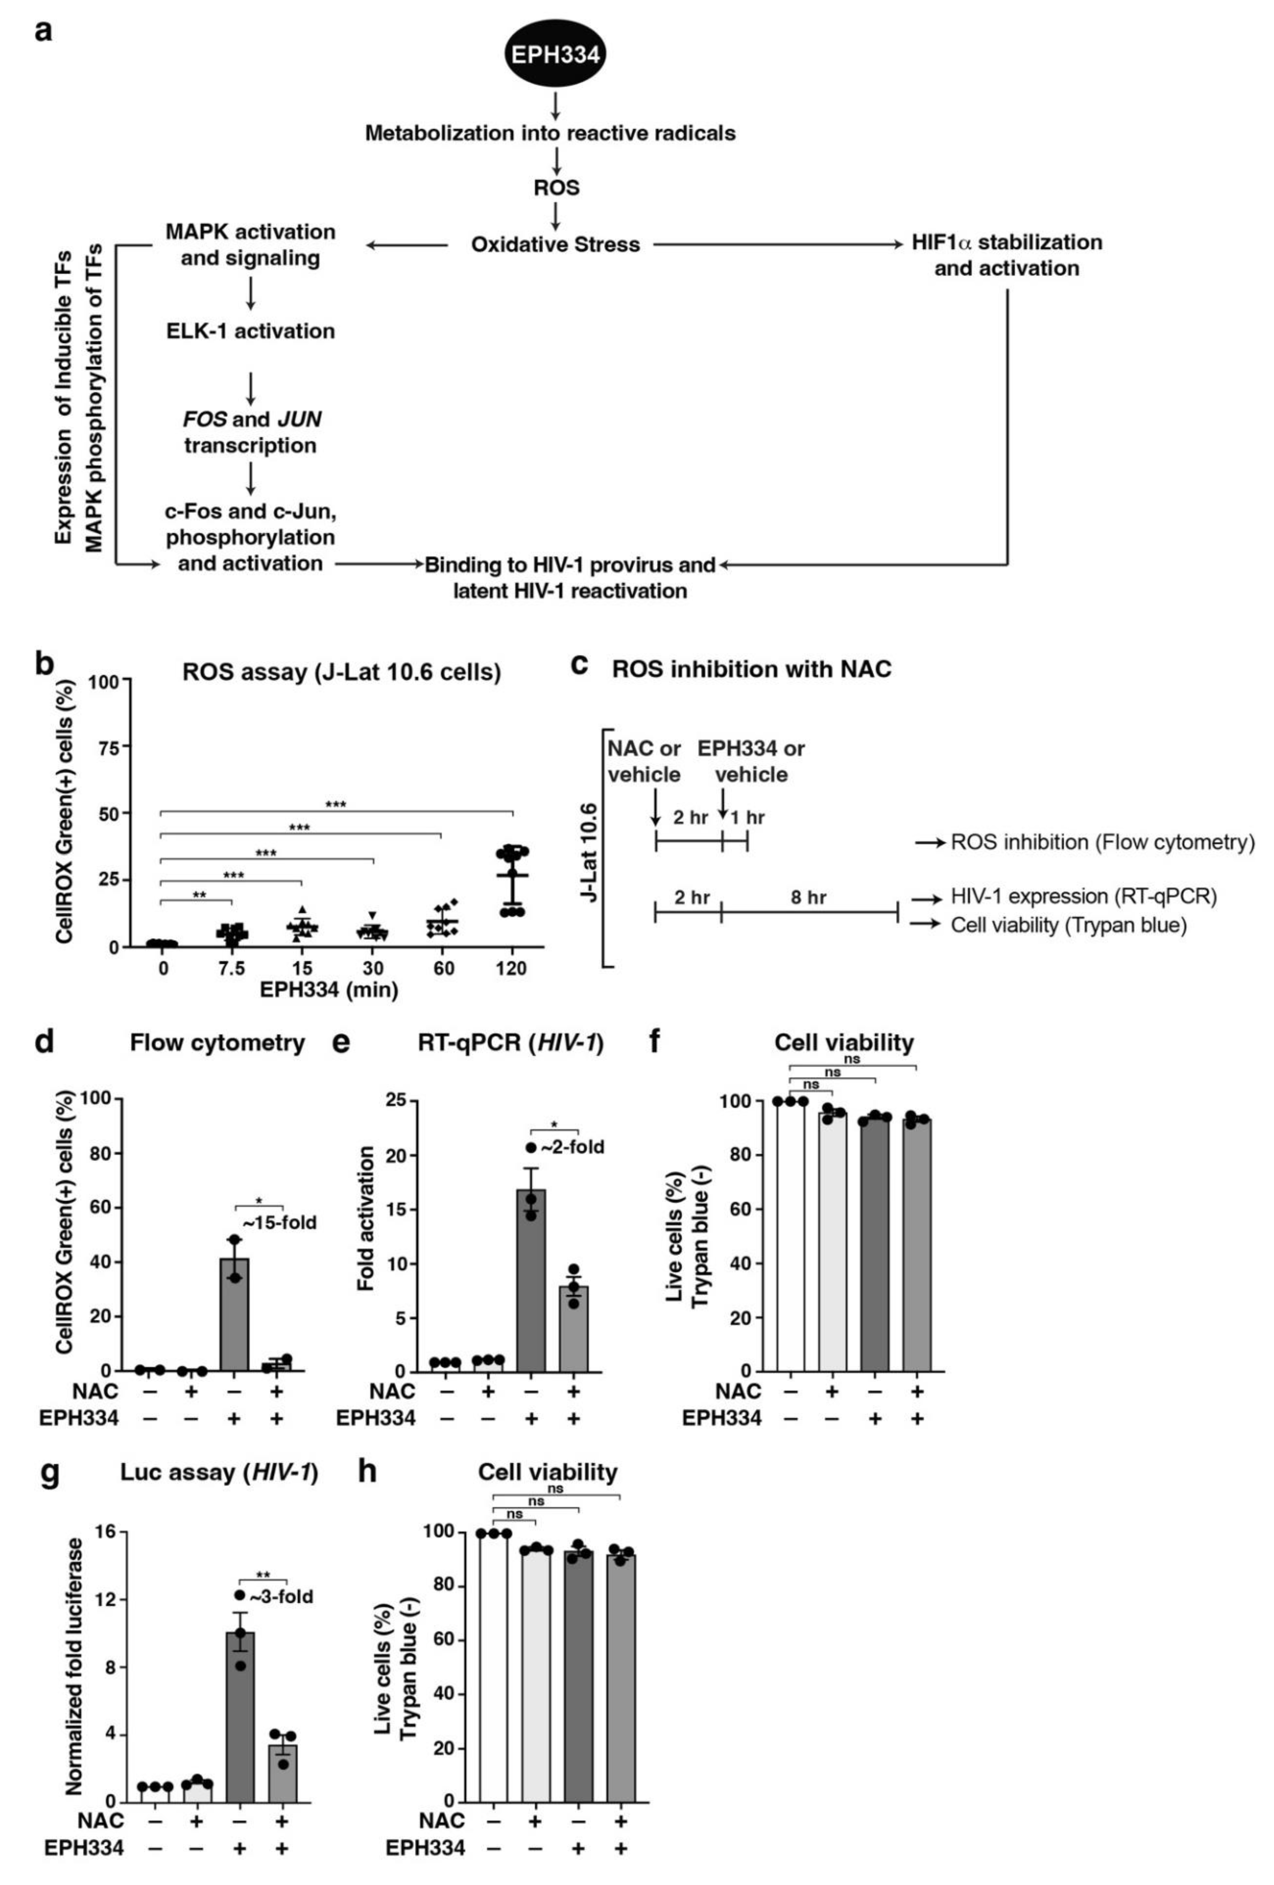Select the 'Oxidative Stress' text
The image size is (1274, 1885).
click(556, 244)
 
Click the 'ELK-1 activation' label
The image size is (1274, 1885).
click(251, 331)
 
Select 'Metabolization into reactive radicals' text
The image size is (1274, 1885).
click(550, 133)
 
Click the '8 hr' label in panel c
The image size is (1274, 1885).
click(808, 897)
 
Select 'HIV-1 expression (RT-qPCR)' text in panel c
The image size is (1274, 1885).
click(1083, 897)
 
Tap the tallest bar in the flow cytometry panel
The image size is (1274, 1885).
click(235, 1314)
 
